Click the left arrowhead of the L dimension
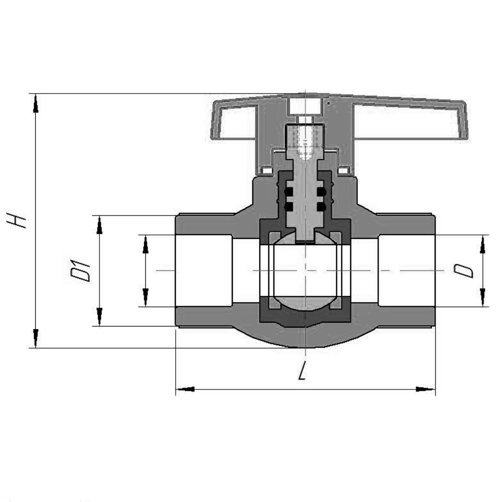pos(185,389)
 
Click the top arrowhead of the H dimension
pos(35,103)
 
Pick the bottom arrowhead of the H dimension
pos(35,338)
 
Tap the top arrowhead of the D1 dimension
pos(99,225)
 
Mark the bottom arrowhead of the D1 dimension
pos(99,317)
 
